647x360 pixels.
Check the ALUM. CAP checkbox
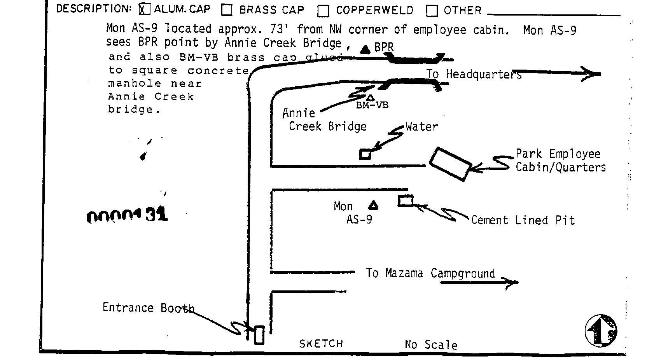144,9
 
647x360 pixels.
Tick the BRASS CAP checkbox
227,10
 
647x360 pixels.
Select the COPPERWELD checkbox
323,11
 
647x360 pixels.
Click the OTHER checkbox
432,11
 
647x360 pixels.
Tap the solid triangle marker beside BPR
365,49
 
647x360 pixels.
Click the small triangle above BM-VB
371,98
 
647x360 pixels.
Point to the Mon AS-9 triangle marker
373,205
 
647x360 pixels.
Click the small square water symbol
364,154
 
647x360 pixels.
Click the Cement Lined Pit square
405,201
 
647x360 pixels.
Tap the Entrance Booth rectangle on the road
259,335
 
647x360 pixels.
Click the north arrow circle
601,330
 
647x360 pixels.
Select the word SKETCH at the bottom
321,344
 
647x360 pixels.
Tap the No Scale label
431,344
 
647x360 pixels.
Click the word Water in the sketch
421,126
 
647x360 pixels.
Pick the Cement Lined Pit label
523,220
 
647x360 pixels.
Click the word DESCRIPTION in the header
94,9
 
